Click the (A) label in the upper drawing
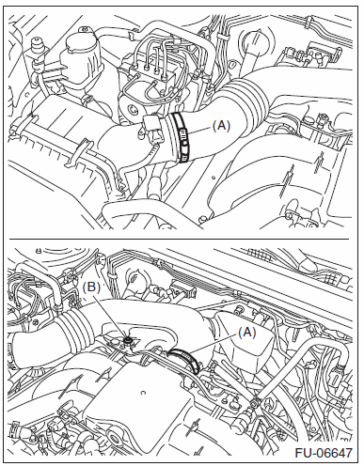pos(221,126)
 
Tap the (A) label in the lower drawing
pos(247,334)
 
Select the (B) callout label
pos(91,287)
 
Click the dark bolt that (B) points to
pos(128,340)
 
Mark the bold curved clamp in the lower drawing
pos(186,359)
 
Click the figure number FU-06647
pos(324,453)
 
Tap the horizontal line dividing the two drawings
pos(179,240)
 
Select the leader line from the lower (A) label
pos(214,344)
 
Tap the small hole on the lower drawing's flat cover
pos(143,392)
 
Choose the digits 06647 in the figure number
pos(332,453)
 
